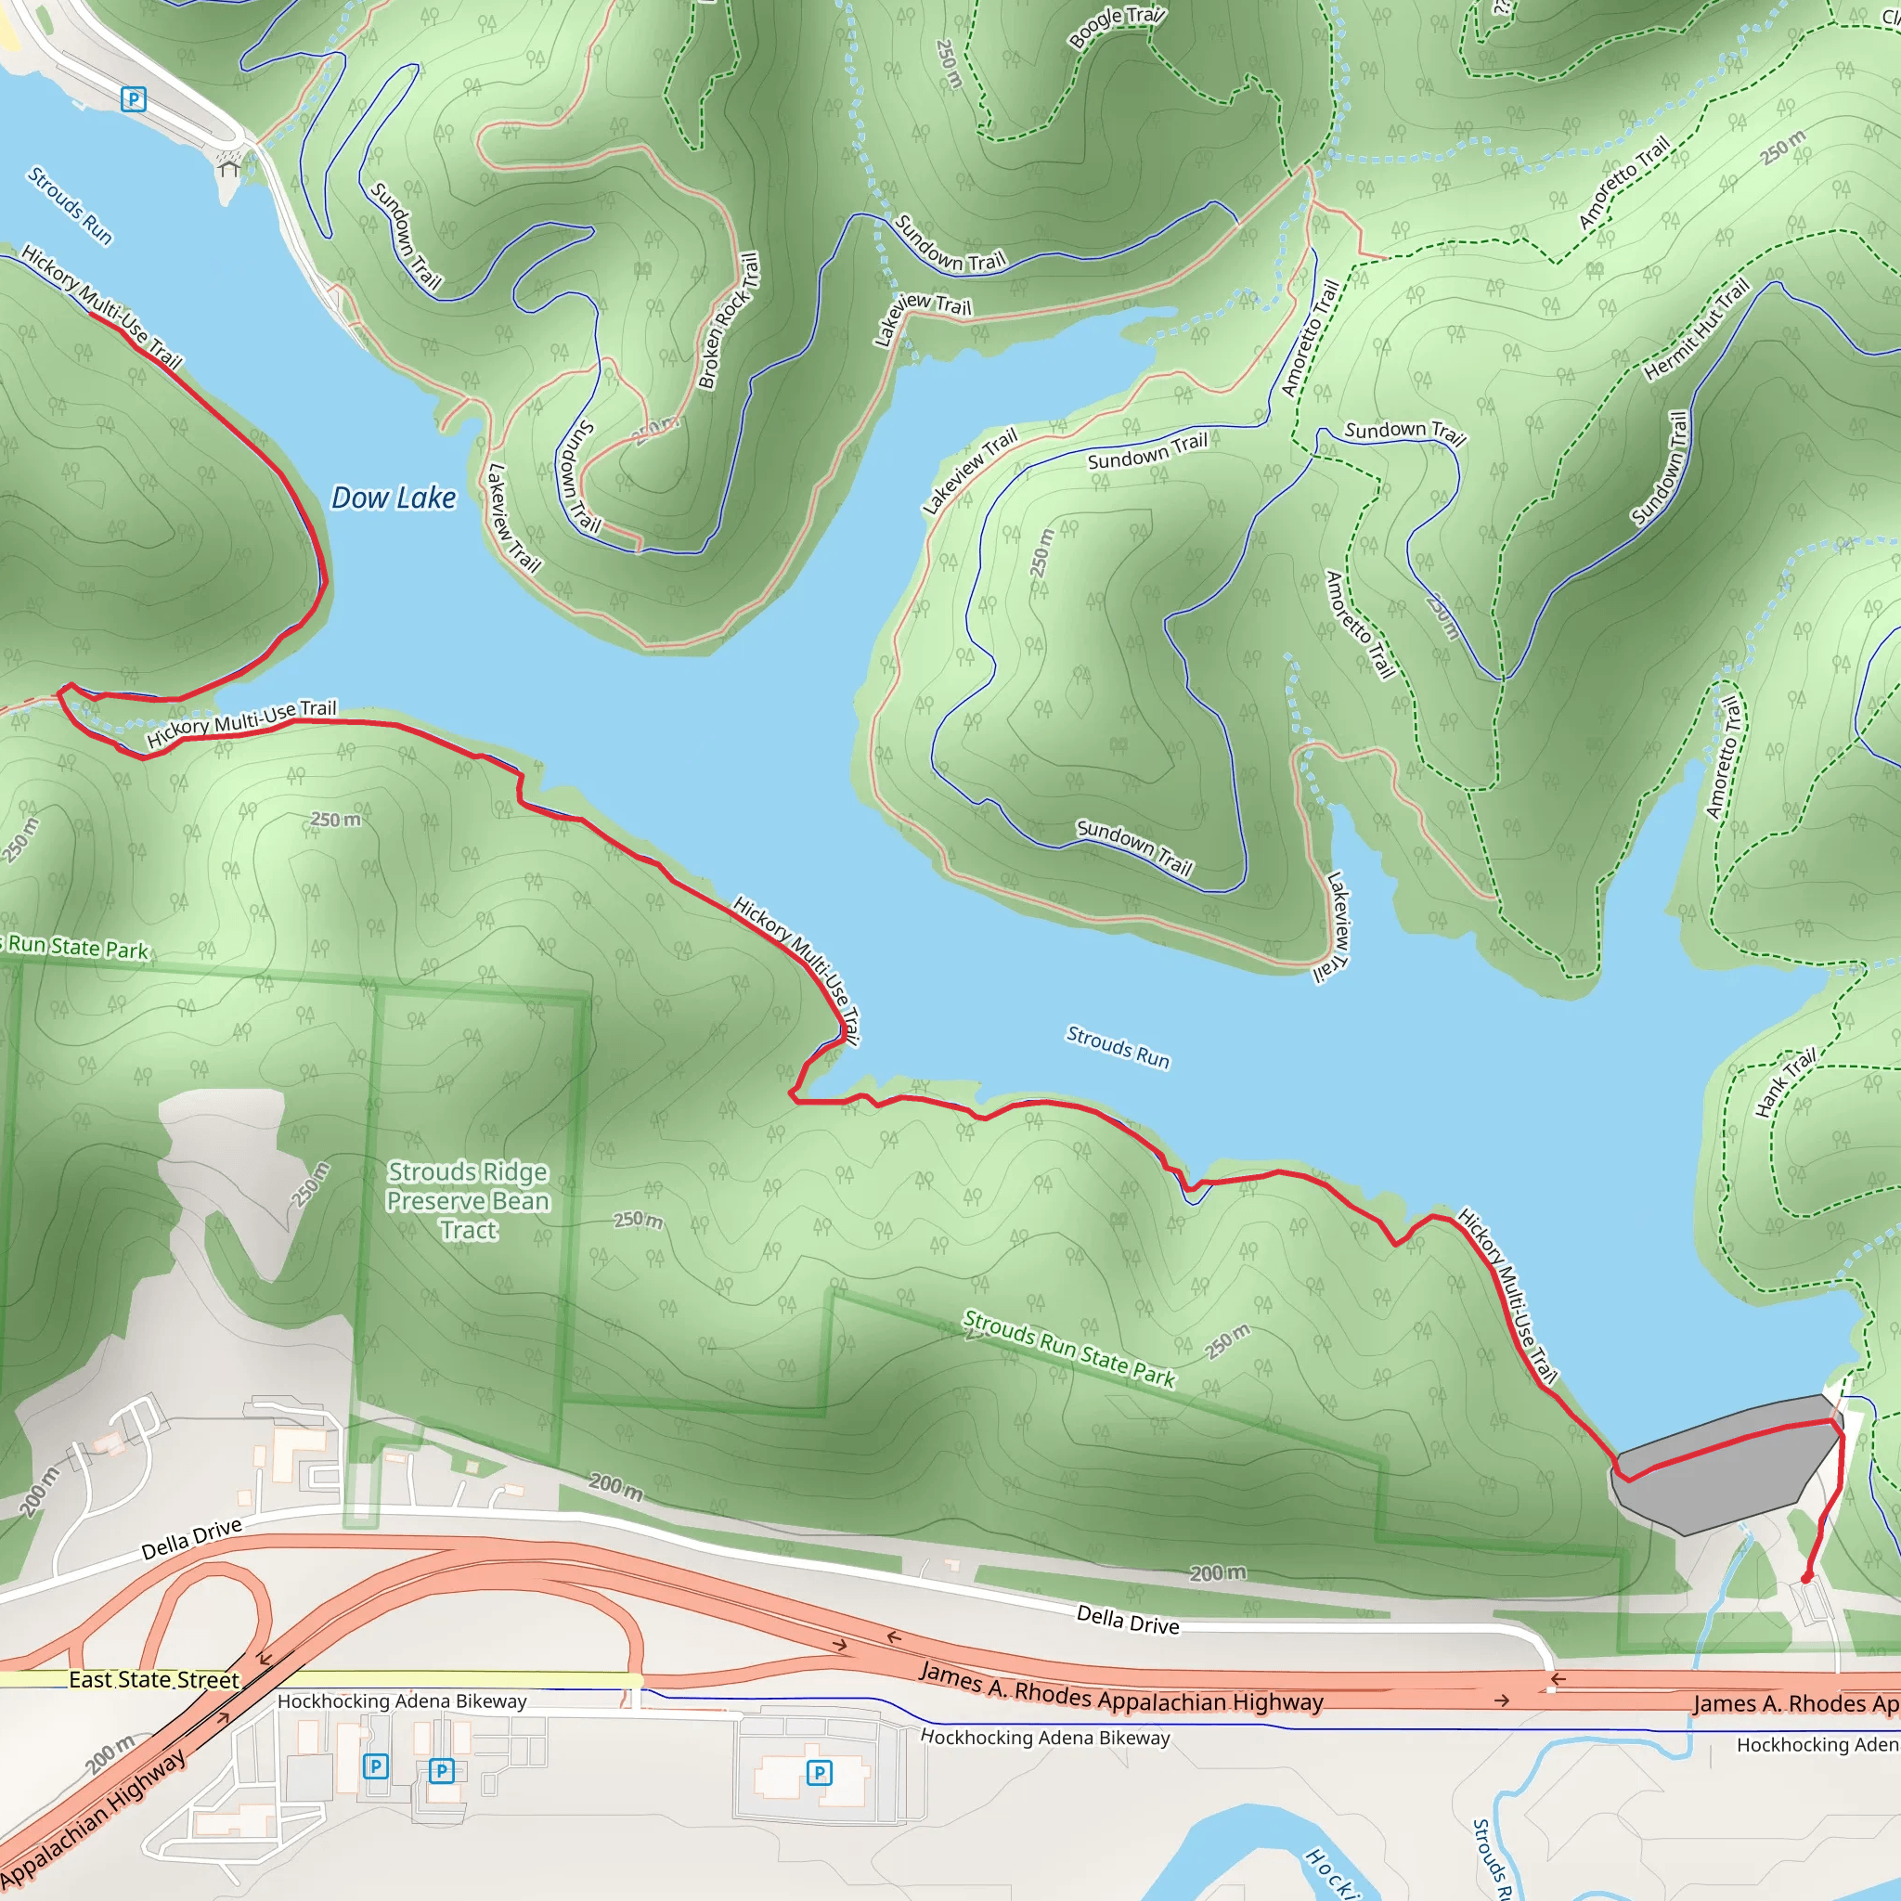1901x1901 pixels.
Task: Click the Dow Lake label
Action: click(x=393, y=498)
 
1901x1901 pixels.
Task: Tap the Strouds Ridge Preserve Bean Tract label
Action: click(x=468, y=1200)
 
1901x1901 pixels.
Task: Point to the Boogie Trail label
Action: click(x=1116, y=27)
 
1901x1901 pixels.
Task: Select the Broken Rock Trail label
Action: click(x=729, y=321)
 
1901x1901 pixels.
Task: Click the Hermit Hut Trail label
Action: click(x=1697, y=330)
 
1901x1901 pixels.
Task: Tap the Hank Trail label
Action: click(x=1785, y=1083)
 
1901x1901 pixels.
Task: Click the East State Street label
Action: click(x=153, y=1679)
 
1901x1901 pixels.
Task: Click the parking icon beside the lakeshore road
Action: click(x=134, y=99)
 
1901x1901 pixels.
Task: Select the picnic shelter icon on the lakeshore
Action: click(x=229, y=167)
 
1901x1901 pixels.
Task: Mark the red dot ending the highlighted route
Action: click(x=1806, y=1578)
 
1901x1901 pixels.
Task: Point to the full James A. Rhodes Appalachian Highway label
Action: click(x=1120, y=1688)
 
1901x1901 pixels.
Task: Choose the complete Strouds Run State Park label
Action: click(x=1068, y=1348)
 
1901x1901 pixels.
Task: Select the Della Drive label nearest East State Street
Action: click(x=191, y=1540)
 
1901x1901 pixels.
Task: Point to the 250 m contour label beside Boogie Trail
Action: click(x=949, y=64)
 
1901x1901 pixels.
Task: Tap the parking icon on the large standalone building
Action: click(x=819, y=1773)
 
